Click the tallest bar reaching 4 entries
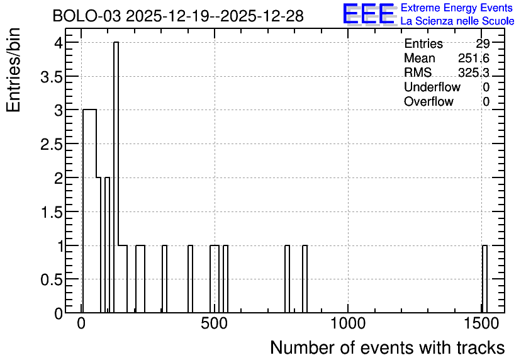116,177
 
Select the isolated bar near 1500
484,279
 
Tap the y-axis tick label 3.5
52,77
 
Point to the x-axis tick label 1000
348,323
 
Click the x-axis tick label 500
215,323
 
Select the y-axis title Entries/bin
14,70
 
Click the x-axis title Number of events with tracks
388,347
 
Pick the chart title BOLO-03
87,16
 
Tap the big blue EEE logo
368,14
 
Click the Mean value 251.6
474,58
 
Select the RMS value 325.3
474,72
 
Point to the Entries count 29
483,43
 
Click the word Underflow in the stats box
432,87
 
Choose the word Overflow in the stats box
428,101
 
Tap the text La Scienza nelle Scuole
457,21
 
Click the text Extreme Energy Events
457,8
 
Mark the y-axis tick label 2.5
52,145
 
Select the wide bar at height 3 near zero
89,211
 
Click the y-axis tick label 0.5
52,280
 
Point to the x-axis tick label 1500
482,323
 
